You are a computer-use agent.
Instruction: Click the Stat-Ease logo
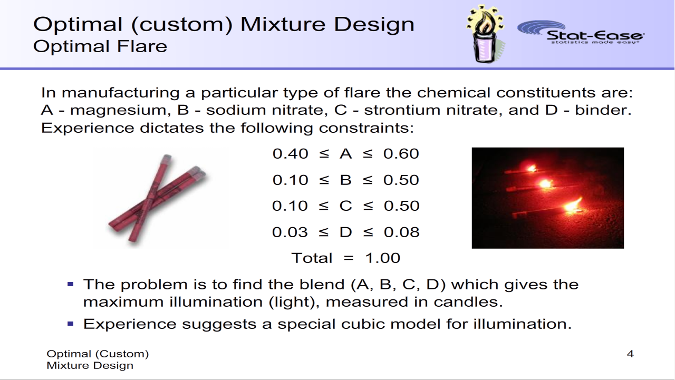pos(581,33)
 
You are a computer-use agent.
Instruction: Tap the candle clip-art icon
pos(485,34)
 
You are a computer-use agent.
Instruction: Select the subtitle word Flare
pos(142,46)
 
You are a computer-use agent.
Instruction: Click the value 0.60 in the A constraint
pos(401,153)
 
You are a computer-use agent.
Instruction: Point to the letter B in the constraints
pos(345,180)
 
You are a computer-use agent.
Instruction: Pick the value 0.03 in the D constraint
pos(290,232)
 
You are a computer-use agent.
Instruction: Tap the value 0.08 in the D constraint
pos(402,232)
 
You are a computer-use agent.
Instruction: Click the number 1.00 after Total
pos(383,258)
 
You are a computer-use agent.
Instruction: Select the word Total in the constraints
pos(312,258)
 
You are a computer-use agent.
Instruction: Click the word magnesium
pos(119,111)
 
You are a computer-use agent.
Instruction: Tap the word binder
pos(603,110)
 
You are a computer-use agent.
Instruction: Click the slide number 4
pos(630,354)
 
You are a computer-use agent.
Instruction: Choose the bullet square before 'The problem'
pos(71,284)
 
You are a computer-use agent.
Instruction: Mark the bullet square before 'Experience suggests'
pos(71,324)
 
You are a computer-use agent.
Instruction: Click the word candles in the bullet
pos(468,302)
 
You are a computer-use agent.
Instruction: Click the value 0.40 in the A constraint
pos(290,153)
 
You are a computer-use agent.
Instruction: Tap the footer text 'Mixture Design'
pos(90,366)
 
